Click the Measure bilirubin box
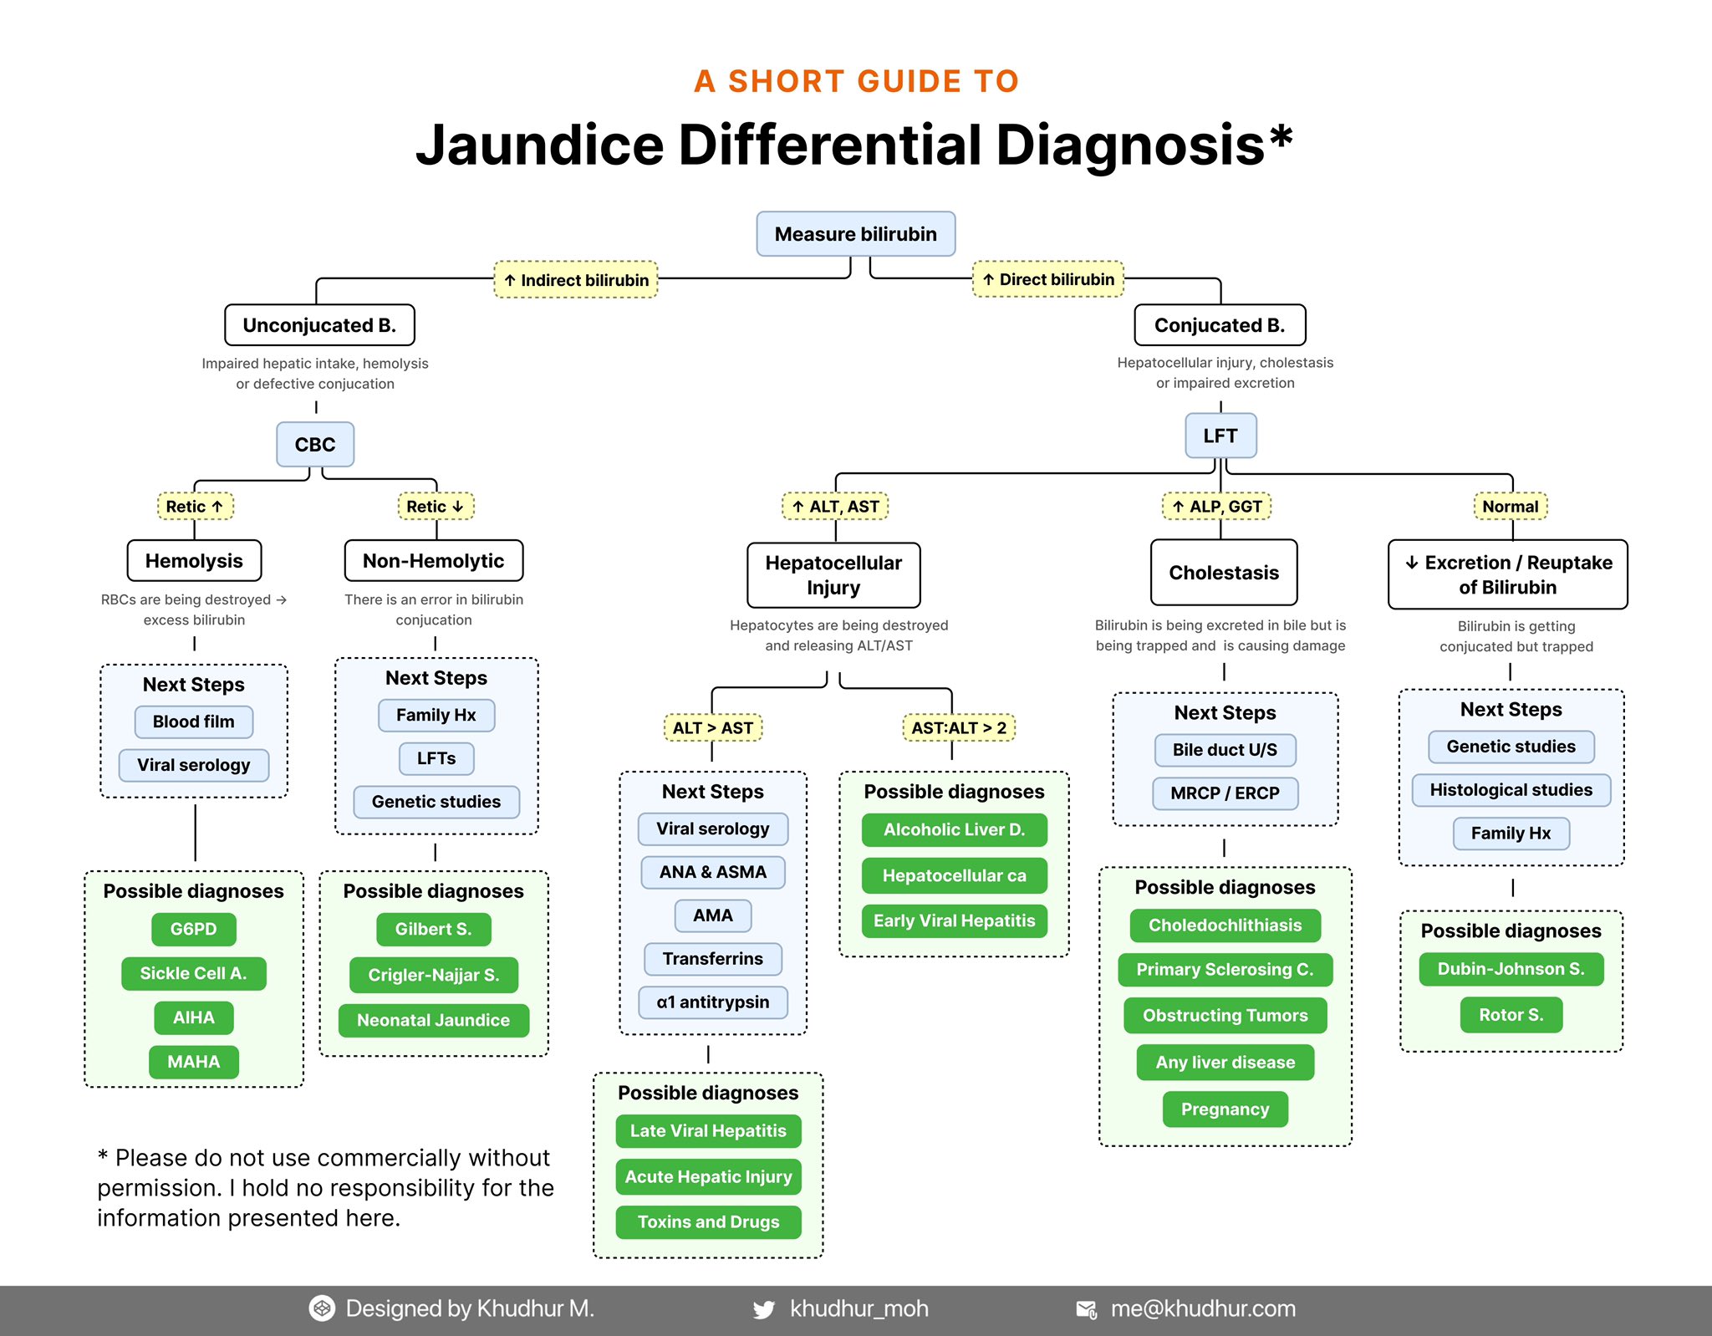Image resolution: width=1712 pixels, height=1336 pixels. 855,234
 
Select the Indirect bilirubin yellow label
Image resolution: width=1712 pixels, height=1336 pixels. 576,280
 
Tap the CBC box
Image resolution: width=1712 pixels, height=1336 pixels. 315,444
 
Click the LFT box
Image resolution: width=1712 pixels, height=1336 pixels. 1220,436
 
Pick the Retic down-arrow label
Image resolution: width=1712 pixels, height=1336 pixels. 435,507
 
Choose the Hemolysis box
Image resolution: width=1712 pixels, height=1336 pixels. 194,561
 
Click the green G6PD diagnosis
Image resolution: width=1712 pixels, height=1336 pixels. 193,929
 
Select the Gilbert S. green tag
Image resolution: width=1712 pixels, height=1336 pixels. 433,929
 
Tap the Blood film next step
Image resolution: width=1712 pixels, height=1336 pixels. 193,722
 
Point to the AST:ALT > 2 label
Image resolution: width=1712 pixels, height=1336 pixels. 958,727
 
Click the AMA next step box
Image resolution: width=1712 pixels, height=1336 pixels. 712,915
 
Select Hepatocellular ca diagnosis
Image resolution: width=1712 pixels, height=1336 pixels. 954,875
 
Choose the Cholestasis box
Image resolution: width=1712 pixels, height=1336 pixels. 1223,573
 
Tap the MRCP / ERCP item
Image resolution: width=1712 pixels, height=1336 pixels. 1225,793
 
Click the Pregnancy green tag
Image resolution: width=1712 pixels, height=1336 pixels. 1225,1109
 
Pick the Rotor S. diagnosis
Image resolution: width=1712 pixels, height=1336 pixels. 1511,1015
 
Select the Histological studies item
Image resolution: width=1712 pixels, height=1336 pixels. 1511,790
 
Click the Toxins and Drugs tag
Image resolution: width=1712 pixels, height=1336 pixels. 708,1222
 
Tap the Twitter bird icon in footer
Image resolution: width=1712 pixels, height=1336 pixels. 763,1309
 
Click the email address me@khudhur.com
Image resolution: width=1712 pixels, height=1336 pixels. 1202,1309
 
